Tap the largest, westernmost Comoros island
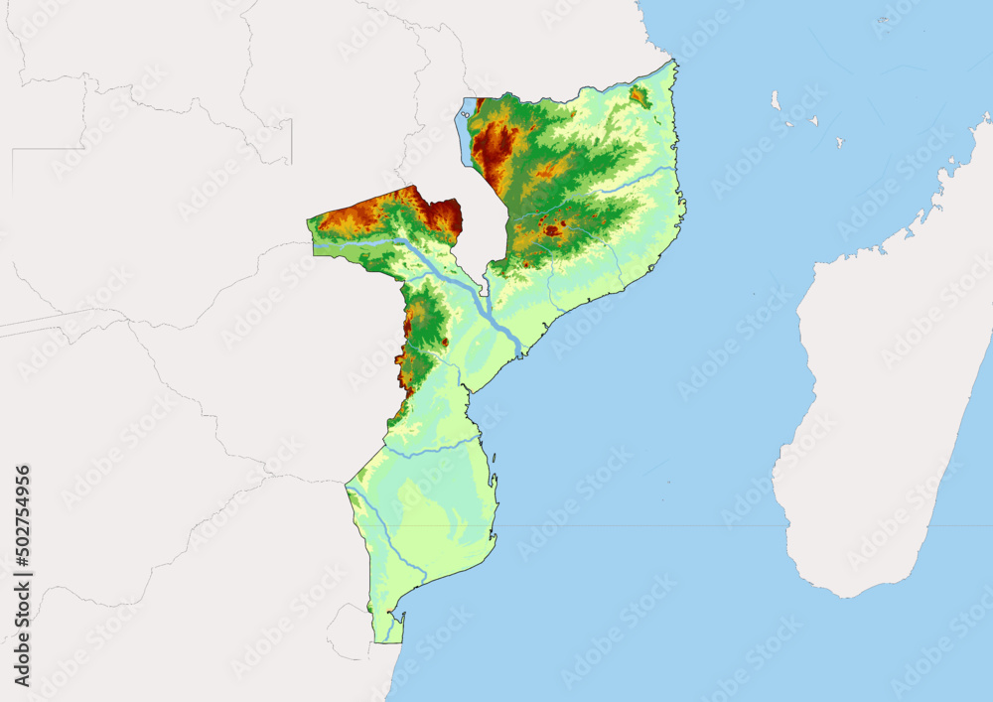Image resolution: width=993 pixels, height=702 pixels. click(x=775, y=99)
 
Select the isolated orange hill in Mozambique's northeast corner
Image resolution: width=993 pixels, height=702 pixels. click(x=639, y=96)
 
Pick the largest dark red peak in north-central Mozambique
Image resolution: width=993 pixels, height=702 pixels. click(x=552, y=230)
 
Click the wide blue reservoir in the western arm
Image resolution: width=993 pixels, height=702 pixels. click(x=362, y=241)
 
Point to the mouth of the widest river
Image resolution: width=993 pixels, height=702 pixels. click(x=517, y=351)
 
